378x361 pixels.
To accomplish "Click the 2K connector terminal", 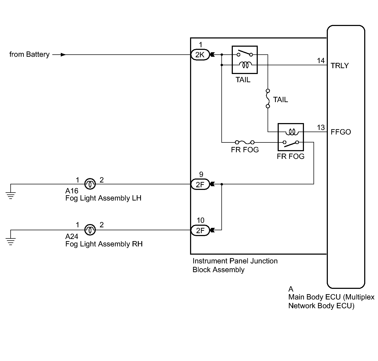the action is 200,55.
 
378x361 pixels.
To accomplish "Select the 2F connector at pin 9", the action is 200,184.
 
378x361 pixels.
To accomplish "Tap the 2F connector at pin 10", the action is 200,230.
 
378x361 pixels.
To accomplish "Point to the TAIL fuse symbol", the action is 268,98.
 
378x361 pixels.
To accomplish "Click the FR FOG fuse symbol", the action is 245,142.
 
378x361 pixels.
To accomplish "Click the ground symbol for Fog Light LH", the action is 11,195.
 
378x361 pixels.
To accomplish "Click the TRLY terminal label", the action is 340,66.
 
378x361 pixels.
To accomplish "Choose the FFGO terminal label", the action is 341,132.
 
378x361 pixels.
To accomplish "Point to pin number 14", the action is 321,61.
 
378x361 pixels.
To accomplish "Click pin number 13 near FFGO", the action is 321,128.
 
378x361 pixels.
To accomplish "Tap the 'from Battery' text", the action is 29,55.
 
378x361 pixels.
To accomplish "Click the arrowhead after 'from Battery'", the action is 63,55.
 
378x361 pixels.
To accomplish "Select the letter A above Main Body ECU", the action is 291,289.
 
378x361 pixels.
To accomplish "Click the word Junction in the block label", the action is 264,261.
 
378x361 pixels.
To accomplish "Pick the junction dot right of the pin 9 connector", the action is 222,184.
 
